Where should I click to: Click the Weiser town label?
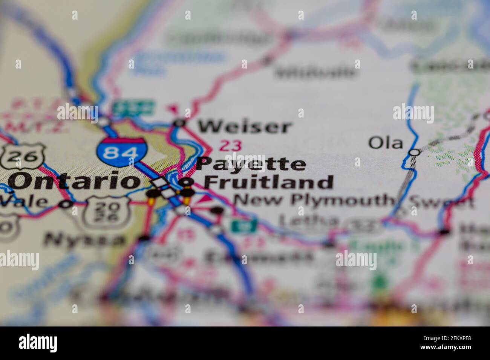(x=245, y=127)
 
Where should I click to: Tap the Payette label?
(x=251, y=164)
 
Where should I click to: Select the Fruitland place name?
(x=268, y=183)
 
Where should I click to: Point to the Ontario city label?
(x=74, y=182)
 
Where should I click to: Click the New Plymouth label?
(x=313, y=200)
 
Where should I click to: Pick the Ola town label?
(x=385, y=143)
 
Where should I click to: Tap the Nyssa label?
(x=84, y=239)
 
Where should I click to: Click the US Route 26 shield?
(x=22, y=155)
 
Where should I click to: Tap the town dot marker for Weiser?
(x=180, y=122)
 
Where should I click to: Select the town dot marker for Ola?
(x=415, y=152)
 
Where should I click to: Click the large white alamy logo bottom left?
(x=38, y=342)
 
